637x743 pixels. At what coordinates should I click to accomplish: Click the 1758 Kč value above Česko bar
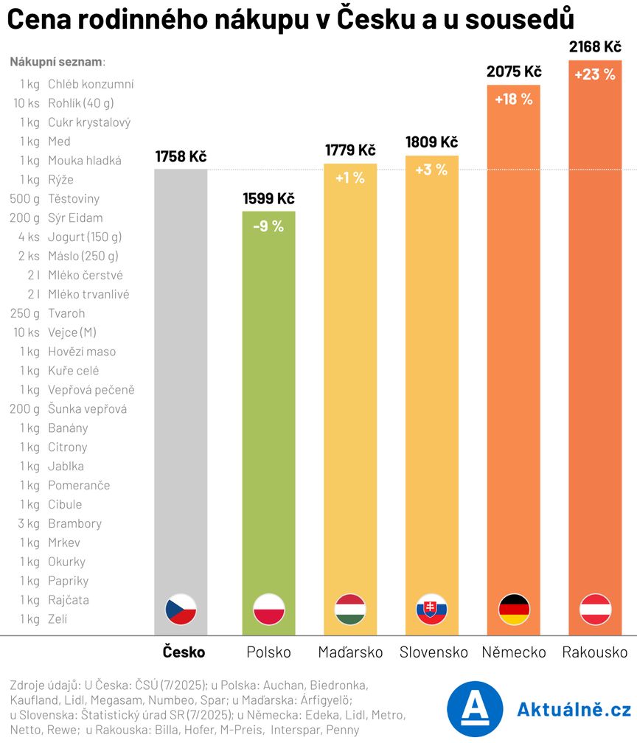point(181,156)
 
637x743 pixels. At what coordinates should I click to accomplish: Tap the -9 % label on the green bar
point(268,226)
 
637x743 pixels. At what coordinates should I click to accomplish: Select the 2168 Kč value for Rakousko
point(595,47)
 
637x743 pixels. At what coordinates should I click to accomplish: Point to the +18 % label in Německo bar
point(514,99)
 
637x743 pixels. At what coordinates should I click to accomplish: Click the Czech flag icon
point(181,610)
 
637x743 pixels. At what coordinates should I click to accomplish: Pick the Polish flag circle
point(268,610)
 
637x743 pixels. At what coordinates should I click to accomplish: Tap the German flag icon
point(514,610)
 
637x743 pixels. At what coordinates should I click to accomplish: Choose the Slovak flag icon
point(432,610)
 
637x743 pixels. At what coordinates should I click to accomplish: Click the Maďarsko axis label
point(350,652)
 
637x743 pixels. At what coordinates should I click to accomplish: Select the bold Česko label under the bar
point(184,652)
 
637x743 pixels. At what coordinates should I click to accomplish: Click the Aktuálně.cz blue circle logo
point(475,708)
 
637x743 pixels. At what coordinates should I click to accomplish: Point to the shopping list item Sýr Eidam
point(75,217)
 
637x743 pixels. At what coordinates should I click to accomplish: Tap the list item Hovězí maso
point(81,352)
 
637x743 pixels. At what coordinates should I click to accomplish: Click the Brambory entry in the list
point(74,524)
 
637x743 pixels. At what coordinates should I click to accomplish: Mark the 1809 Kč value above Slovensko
point(432,142)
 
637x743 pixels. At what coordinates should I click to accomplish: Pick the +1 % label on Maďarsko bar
point(350,178)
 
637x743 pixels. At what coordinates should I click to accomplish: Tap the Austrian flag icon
point(595,610)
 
